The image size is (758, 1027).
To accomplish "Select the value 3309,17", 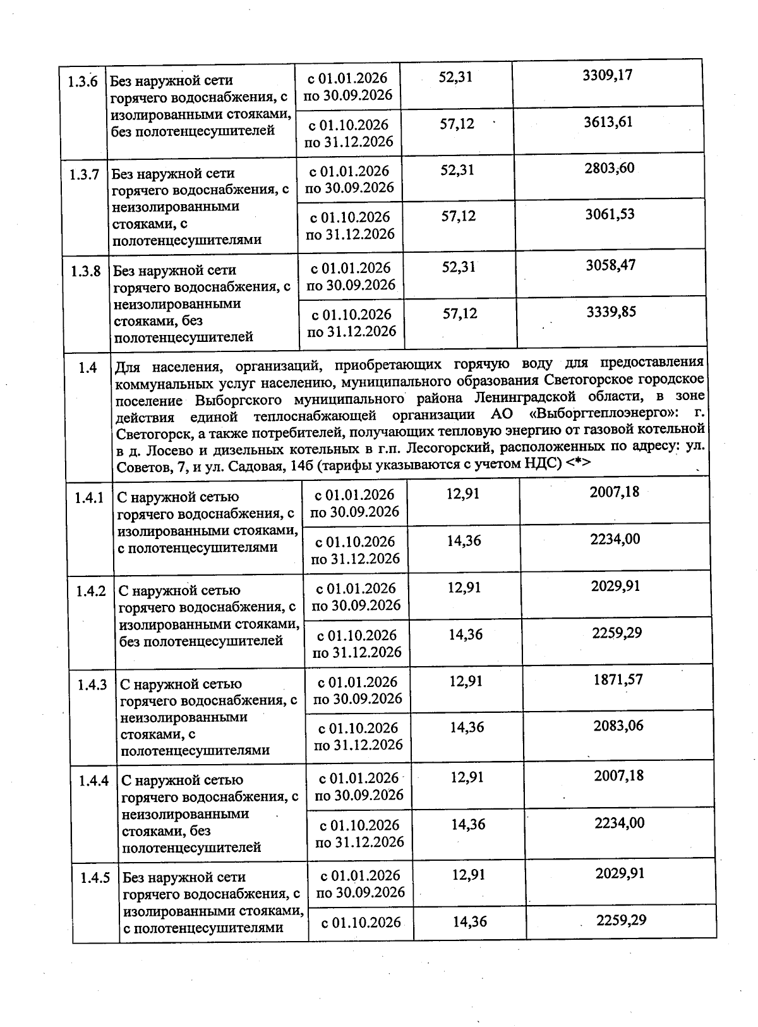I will [607, 75].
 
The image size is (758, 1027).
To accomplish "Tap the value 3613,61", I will [608, 121].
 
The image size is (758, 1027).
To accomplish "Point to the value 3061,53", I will [610, 214].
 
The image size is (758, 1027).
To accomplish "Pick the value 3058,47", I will [610, 265].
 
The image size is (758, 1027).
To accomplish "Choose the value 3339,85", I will [611, 312].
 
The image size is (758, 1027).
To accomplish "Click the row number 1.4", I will [88, 367].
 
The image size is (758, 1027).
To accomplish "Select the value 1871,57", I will [618, 679].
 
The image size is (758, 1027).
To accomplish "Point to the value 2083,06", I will [618, 726].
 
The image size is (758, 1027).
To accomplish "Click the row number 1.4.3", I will [92, 684].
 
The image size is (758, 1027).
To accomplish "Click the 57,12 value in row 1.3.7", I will [459, 216].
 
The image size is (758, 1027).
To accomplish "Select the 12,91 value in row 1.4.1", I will [463, 494].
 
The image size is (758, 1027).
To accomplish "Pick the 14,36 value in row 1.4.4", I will [468, 824].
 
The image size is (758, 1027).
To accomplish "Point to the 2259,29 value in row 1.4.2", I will [617, 633].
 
